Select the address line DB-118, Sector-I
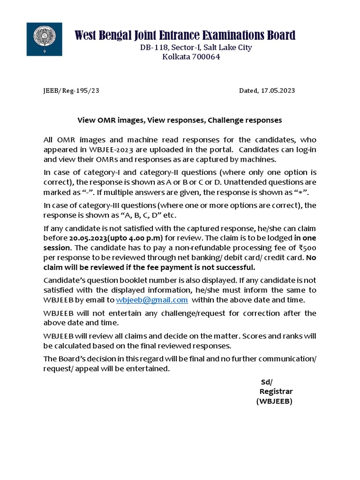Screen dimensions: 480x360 click(171, 47)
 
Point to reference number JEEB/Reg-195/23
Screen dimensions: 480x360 click(68, 91)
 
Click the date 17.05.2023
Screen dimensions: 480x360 click(277, 91)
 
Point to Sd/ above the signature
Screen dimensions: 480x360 click(266, 381)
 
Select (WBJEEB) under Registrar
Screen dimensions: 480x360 click(274, 401)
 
